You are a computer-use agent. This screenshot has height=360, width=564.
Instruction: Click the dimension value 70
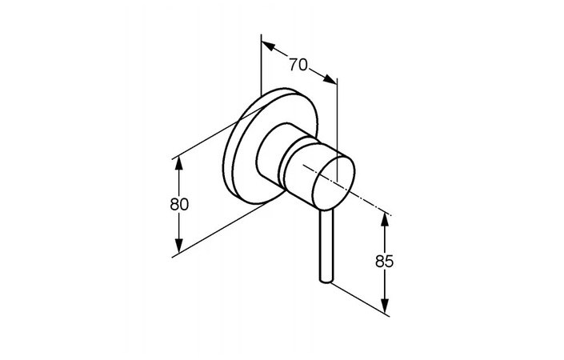[x=298, y=65]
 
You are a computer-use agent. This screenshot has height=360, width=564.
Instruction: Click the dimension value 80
[x=179, y=205]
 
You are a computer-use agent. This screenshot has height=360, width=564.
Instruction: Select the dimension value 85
[x=384, y=262]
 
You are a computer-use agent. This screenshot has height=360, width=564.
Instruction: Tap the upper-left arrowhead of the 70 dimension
[x=268, y=46]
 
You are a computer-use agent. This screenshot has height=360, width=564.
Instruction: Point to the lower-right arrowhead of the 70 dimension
[x=330, y=79]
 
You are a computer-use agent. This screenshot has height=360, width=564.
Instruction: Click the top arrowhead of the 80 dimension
[x=178, y=164]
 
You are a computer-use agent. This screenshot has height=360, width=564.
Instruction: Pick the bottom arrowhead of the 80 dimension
[x=178, y=246]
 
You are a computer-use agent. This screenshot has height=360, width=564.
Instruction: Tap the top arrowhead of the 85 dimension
[x=385, y=219]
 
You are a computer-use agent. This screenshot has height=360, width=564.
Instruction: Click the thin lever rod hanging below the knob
[x=326, y=246]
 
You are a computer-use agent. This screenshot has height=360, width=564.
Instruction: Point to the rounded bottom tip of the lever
[x=326, y=280]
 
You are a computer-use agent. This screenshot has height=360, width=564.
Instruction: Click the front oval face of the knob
[x=334, y=182]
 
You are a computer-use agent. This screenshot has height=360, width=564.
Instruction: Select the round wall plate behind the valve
[x=270, y=146]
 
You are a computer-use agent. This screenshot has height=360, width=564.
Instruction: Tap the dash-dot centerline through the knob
[x=347, y=190]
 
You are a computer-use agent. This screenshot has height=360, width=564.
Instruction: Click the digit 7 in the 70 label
[x=294, y=65]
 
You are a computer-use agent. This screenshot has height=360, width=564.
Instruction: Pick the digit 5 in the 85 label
[x=389, y=262]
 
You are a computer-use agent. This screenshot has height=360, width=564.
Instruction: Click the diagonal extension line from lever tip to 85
[x=360, y=299]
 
